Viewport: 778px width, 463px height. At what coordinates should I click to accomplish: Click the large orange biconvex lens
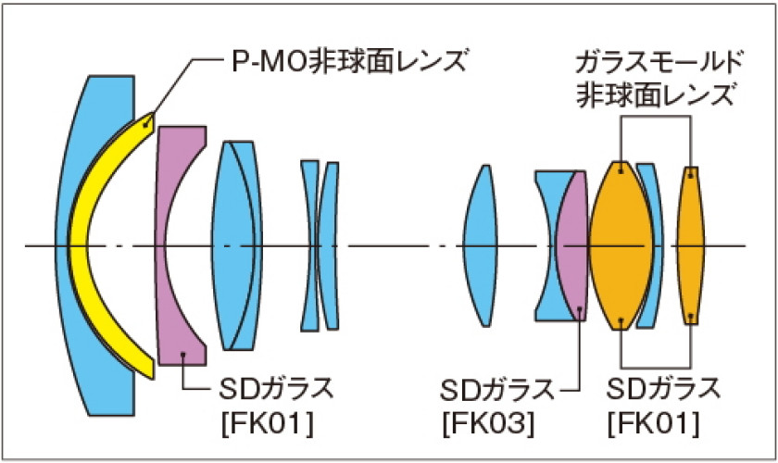pos(621,245)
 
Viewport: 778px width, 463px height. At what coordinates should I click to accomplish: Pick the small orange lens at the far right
pos(691,245)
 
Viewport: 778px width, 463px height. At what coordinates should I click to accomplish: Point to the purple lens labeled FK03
pos(572,245)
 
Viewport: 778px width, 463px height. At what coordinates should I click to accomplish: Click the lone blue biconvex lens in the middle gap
pos(480,245)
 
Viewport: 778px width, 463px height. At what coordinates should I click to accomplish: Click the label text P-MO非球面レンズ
pos(349,61)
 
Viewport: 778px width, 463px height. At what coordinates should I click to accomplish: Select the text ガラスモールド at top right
pos(659,65)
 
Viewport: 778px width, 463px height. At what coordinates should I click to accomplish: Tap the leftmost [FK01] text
pos(267,425)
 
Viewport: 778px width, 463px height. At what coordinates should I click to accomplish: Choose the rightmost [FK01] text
pos(653,425)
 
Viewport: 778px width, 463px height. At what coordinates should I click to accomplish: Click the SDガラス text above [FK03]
pos(497,391)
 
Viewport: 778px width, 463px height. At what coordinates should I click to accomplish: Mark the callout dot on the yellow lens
pos(145,125)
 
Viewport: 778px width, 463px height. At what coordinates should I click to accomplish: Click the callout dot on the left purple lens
pos(183,354)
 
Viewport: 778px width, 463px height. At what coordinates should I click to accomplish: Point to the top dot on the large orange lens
pos(621,171)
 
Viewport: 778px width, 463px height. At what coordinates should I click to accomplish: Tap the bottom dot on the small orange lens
pos(691,316)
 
